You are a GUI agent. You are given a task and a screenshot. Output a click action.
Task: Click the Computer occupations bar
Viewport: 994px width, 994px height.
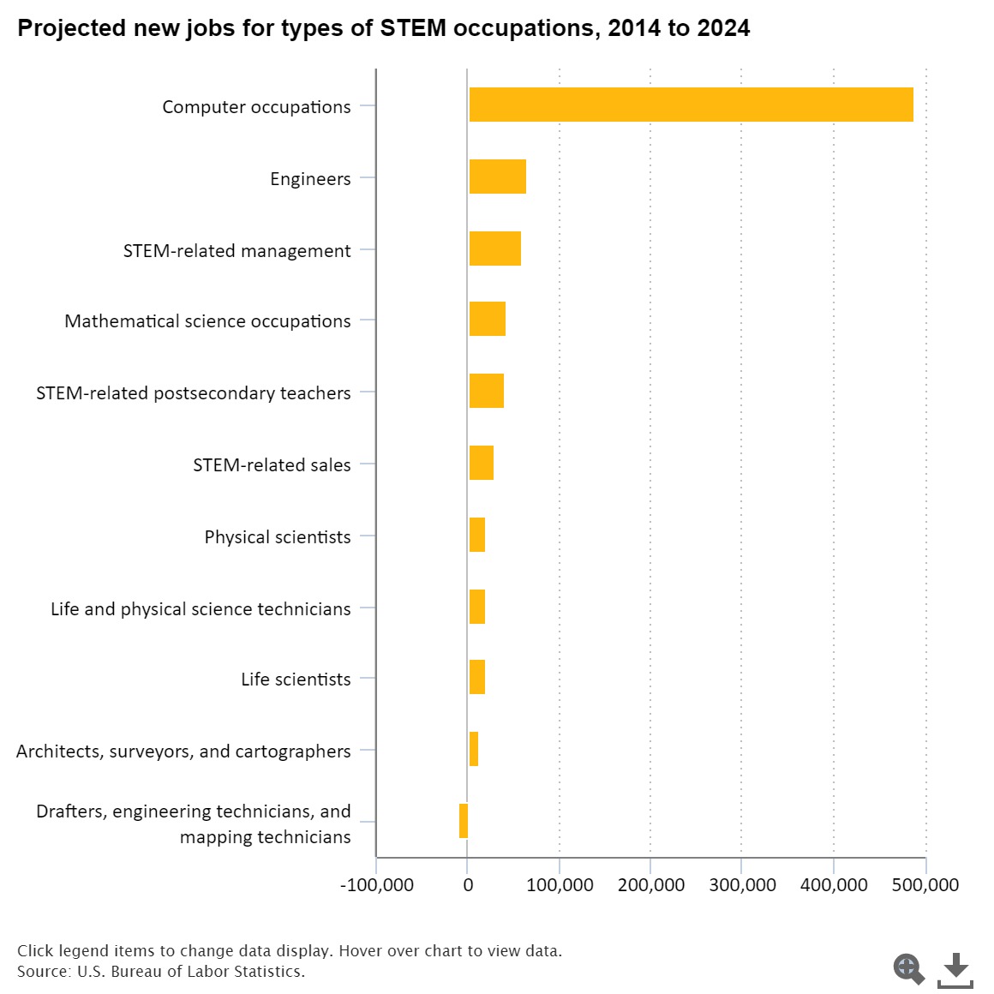[691, 105]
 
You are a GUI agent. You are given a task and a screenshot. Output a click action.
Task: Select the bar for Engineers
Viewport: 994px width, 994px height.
[497, 177]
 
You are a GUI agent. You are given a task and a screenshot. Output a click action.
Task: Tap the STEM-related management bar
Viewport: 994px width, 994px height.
[494, 248]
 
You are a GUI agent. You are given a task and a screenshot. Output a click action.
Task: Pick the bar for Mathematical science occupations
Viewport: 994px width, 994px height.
[487, 319]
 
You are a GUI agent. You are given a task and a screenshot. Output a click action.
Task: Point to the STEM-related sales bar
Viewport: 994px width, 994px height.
[481, 463]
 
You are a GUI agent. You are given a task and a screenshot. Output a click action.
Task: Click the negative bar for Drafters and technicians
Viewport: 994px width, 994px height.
[464, 821]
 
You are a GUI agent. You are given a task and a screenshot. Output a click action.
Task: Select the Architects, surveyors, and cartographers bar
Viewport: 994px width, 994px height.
[473, 749]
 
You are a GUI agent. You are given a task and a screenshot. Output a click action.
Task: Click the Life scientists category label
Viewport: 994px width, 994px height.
[296, 680]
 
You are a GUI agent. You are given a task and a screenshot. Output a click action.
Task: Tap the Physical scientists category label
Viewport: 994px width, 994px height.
[278, 537]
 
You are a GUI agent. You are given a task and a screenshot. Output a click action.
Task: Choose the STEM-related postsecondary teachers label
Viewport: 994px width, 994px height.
[194, 393]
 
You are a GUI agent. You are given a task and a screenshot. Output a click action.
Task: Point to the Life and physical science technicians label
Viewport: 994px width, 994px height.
[201, 609]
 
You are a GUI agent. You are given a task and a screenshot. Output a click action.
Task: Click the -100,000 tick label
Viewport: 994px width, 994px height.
[377, 885]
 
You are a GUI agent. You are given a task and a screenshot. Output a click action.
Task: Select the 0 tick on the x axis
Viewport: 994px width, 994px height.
[468, 885]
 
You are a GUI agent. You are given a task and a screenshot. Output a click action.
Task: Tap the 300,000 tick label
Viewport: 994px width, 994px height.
[742, 885]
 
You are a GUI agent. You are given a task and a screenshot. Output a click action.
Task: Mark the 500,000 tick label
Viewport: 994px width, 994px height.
[925, 885]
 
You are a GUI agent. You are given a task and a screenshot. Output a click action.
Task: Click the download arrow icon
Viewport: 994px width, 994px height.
[955, 969]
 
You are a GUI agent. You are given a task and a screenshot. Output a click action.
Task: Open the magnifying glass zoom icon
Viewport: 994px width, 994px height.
[908, 969]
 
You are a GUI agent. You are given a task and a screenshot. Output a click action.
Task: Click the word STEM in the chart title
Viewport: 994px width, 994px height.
[413, 28]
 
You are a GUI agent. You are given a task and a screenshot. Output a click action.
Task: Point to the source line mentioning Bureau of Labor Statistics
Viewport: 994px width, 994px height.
[161, 972]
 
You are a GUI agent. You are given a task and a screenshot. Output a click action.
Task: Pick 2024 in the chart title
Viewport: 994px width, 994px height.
[723, 28]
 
